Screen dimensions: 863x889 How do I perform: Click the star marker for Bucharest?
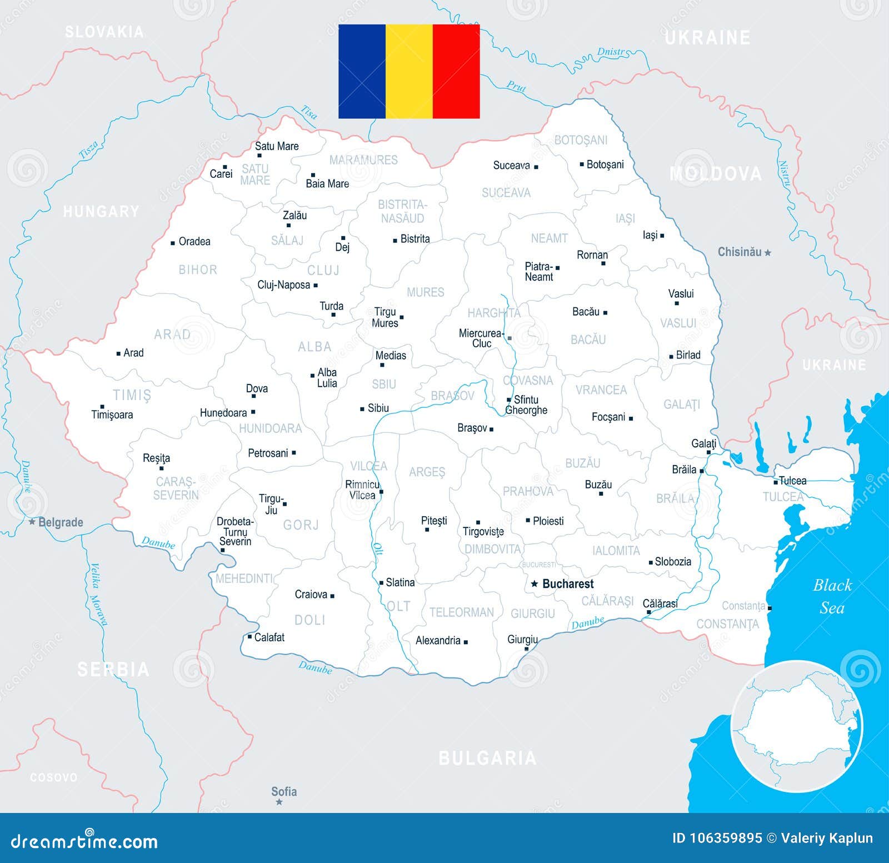[534, 583]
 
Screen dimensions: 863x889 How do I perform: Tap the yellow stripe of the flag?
[409, 71]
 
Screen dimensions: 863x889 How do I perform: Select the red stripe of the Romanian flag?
[456, 71]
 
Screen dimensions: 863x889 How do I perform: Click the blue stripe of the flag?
[362, 71]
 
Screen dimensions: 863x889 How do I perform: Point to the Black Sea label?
[832, 596]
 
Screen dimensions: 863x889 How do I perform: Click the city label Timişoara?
[112, 415]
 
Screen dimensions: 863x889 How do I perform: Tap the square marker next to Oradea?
[173, 243]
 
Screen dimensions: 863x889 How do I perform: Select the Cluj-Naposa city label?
[283, 285]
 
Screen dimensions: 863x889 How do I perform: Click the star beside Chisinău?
[768, 253]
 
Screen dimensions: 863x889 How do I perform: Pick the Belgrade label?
[61, 522]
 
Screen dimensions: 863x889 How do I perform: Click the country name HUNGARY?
[101, 211]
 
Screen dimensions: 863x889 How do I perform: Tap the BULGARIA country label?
[487, 758]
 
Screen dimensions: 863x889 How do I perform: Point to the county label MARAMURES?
[363, 160]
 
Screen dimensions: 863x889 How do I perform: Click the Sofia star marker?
[279, 802]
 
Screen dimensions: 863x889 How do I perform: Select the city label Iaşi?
[650, 235]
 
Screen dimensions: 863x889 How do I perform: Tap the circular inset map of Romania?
[796, 725]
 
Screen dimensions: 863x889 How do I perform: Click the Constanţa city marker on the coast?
[770, 608]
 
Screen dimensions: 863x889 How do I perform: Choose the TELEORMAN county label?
[461, 612]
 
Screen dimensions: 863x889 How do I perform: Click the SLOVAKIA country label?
[104, 32]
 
